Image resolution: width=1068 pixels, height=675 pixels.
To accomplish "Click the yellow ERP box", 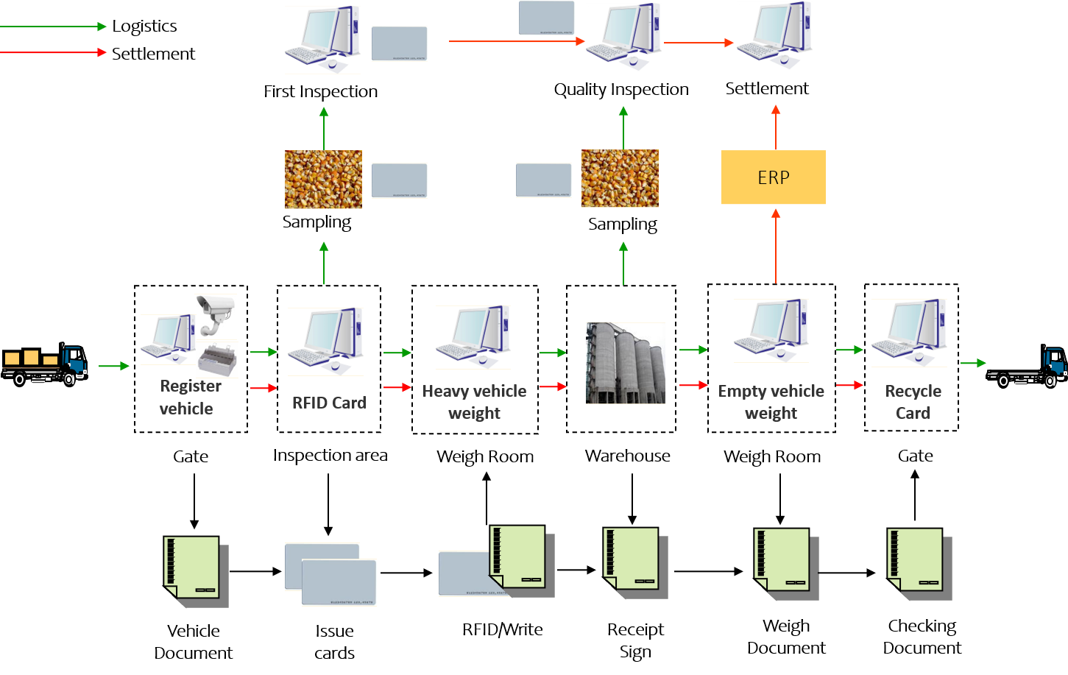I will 773,177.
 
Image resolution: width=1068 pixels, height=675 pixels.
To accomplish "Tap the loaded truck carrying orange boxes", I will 44,364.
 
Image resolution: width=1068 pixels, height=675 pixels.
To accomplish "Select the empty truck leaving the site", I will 1028,367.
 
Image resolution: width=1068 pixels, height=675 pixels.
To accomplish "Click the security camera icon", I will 215,315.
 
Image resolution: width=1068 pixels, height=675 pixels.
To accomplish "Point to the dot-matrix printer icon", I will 217,361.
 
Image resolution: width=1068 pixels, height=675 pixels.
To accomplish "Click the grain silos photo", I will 625,363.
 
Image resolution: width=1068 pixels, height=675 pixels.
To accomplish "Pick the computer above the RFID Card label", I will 325,342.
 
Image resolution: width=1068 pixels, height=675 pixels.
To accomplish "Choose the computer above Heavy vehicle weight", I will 473,338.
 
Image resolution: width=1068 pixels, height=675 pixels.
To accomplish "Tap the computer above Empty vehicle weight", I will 771,331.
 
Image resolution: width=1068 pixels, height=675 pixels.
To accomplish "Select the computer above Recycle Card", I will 909,333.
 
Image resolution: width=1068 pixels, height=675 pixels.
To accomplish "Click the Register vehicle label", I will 188,397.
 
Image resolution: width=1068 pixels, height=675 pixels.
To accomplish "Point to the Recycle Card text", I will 913,402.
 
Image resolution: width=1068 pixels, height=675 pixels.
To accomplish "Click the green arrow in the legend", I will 53,26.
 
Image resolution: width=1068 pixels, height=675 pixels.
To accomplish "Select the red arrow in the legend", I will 53,52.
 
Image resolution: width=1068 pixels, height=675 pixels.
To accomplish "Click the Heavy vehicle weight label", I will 474,402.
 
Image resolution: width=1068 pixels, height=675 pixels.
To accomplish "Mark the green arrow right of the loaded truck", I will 113,366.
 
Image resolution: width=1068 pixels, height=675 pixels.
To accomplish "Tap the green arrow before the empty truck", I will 973,363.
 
